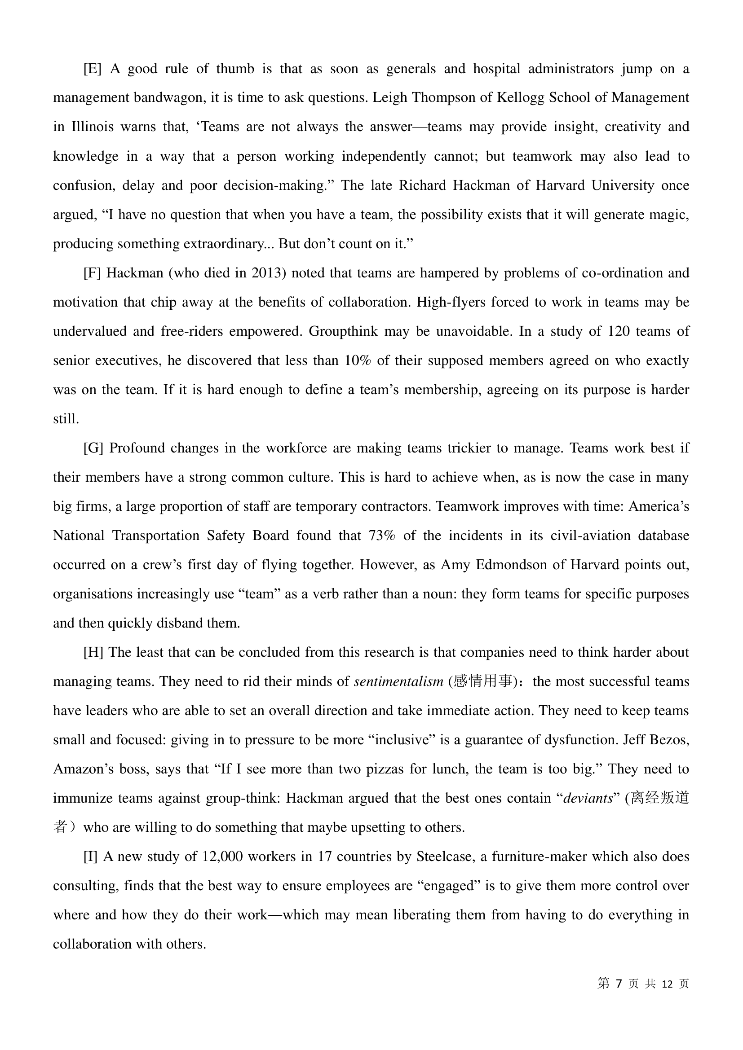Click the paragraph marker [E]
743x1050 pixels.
[x=93, y=69]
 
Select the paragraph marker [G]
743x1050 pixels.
[x=93, y=448]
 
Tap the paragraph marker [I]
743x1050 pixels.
[x=91, y=857]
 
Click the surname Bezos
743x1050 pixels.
[x=668, y=740]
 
